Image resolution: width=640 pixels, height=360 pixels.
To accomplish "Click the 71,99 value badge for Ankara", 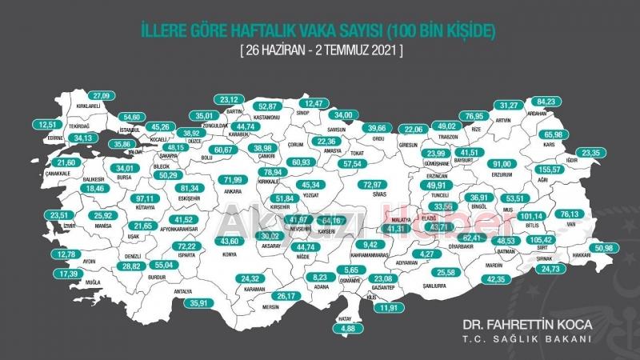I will (x=232, y=179).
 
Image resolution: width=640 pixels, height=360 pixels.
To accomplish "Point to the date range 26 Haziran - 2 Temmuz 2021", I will (x=319, y=50).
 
